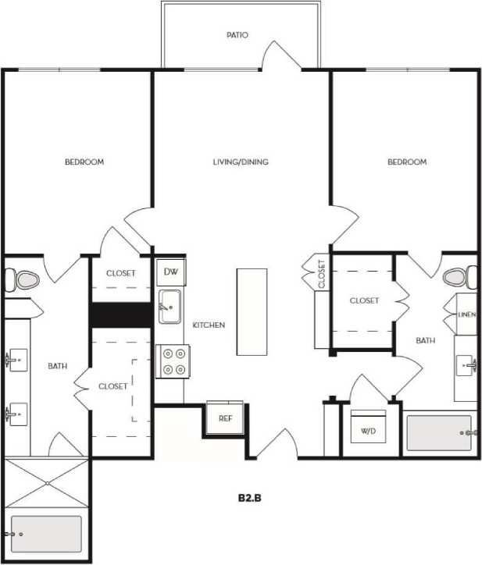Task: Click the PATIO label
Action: coord(237,35)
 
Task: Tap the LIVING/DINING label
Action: coord(241,162)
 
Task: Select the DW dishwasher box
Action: coord(170,272)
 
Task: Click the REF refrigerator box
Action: coord(225,418)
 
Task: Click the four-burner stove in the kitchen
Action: coord(170,361)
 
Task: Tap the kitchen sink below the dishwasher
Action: coord(170,306)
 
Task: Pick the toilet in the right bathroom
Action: coord(458,277)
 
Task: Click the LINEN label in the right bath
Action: coord(466,314)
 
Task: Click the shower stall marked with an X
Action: coord(47,483)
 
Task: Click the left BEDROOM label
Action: coord(84,162)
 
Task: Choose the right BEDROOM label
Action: coord(407,162)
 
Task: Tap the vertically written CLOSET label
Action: coord(321,274)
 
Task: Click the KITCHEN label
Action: coord(209,325)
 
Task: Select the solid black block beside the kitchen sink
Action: coord(121,314)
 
